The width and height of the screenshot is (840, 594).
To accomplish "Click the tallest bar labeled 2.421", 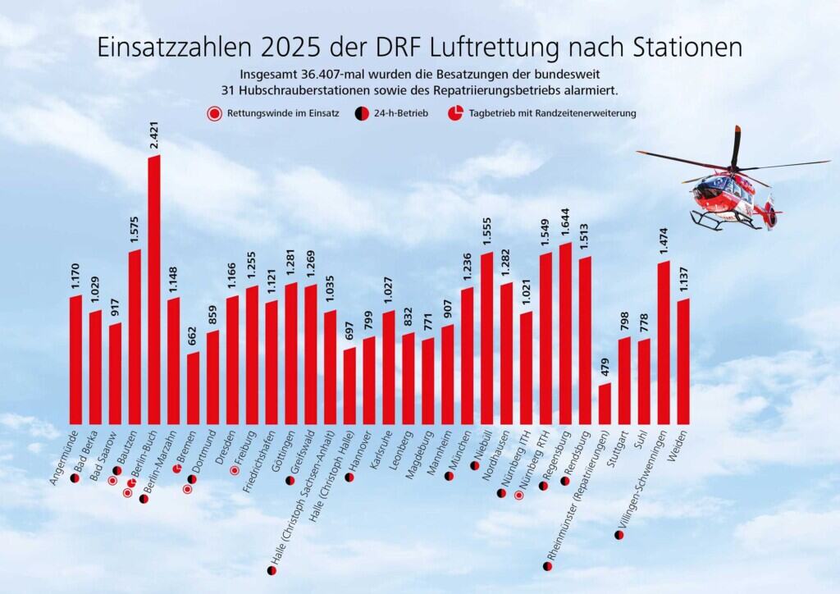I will click(153, 287).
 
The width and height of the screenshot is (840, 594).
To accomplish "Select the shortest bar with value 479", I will click(605, 402).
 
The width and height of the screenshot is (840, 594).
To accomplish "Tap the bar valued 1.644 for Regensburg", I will click(565, 332).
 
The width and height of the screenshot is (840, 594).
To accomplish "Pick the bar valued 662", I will click(193, 387).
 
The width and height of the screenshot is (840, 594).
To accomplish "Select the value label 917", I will click(115, 308).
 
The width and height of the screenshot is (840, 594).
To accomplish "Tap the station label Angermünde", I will click(65, 456).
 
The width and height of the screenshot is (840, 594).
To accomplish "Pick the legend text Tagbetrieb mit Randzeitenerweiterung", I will click(553, 113).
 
